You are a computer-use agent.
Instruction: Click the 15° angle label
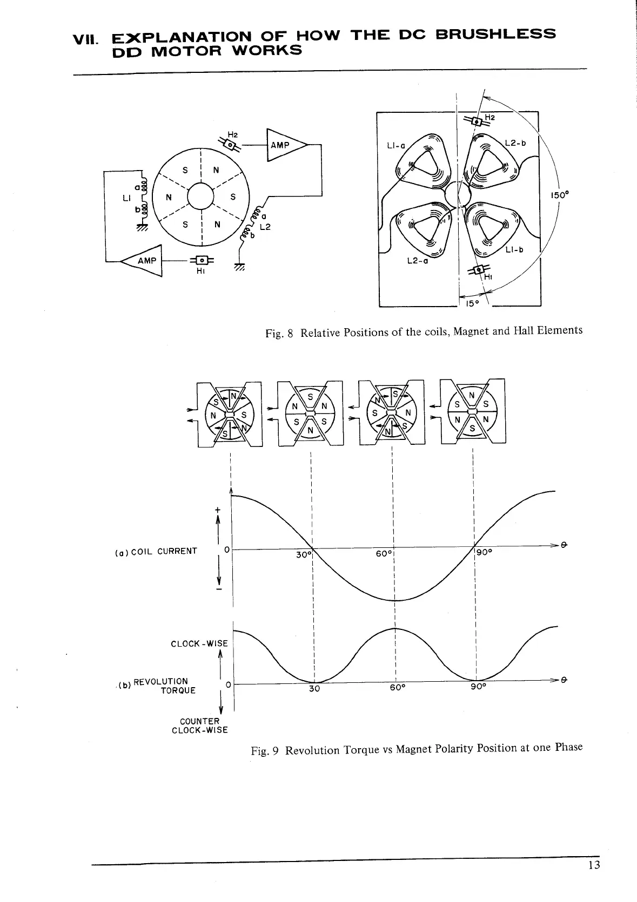pyautogui.click(x=472, y=303)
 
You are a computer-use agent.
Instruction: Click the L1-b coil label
pyautogui.click(x=514, y=250)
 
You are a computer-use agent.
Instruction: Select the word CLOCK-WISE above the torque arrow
pyautogui.click(x=199, y=643)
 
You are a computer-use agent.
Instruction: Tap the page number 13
pyautogui.click(x=594, y=865)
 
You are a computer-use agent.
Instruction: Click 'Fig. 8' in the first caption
pyautogui.click(x=279, y=333)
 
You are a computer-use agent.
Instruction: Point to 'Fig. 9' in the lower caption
pyautogui.click(x=265, y=751)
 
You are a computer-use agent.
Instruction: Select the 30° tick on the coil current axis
pyautogui.click(x=304, y=554)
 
